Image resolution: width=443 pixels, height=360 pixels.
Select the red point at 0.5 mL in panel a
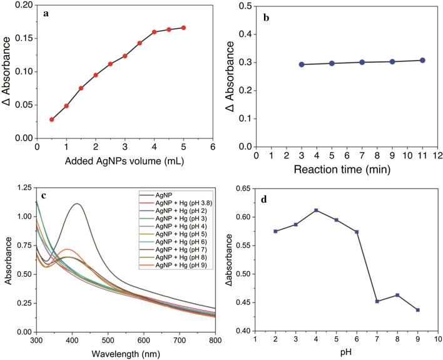pos(52,120)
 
